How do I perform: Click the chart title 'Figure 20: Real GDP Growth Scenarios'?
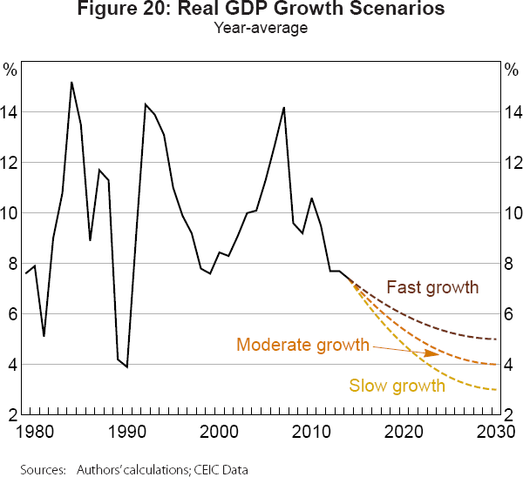pos(261,10)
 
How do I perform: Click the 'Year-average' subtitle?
pos(261,28)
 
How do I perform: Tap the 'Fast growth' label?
pos(432,287)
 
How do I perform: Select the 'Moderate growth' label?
pos(302,345)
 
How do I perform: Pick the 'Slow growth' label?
pos(397,384)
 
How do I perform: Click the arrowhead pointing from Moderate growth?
pos(432,354)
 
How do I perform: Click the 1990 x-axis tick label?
pos(127,429)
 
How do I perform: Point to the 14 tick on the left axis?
pos(10,112)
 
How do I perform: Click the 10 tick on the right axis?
pos(512,213)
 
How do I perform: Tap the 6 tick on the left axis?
pos(10,314)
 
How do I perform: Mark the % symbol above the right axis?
pos(512,68)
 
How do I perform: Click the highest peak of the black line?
pos(71,83)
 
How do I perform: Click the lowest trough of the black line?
pos(126,366)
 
